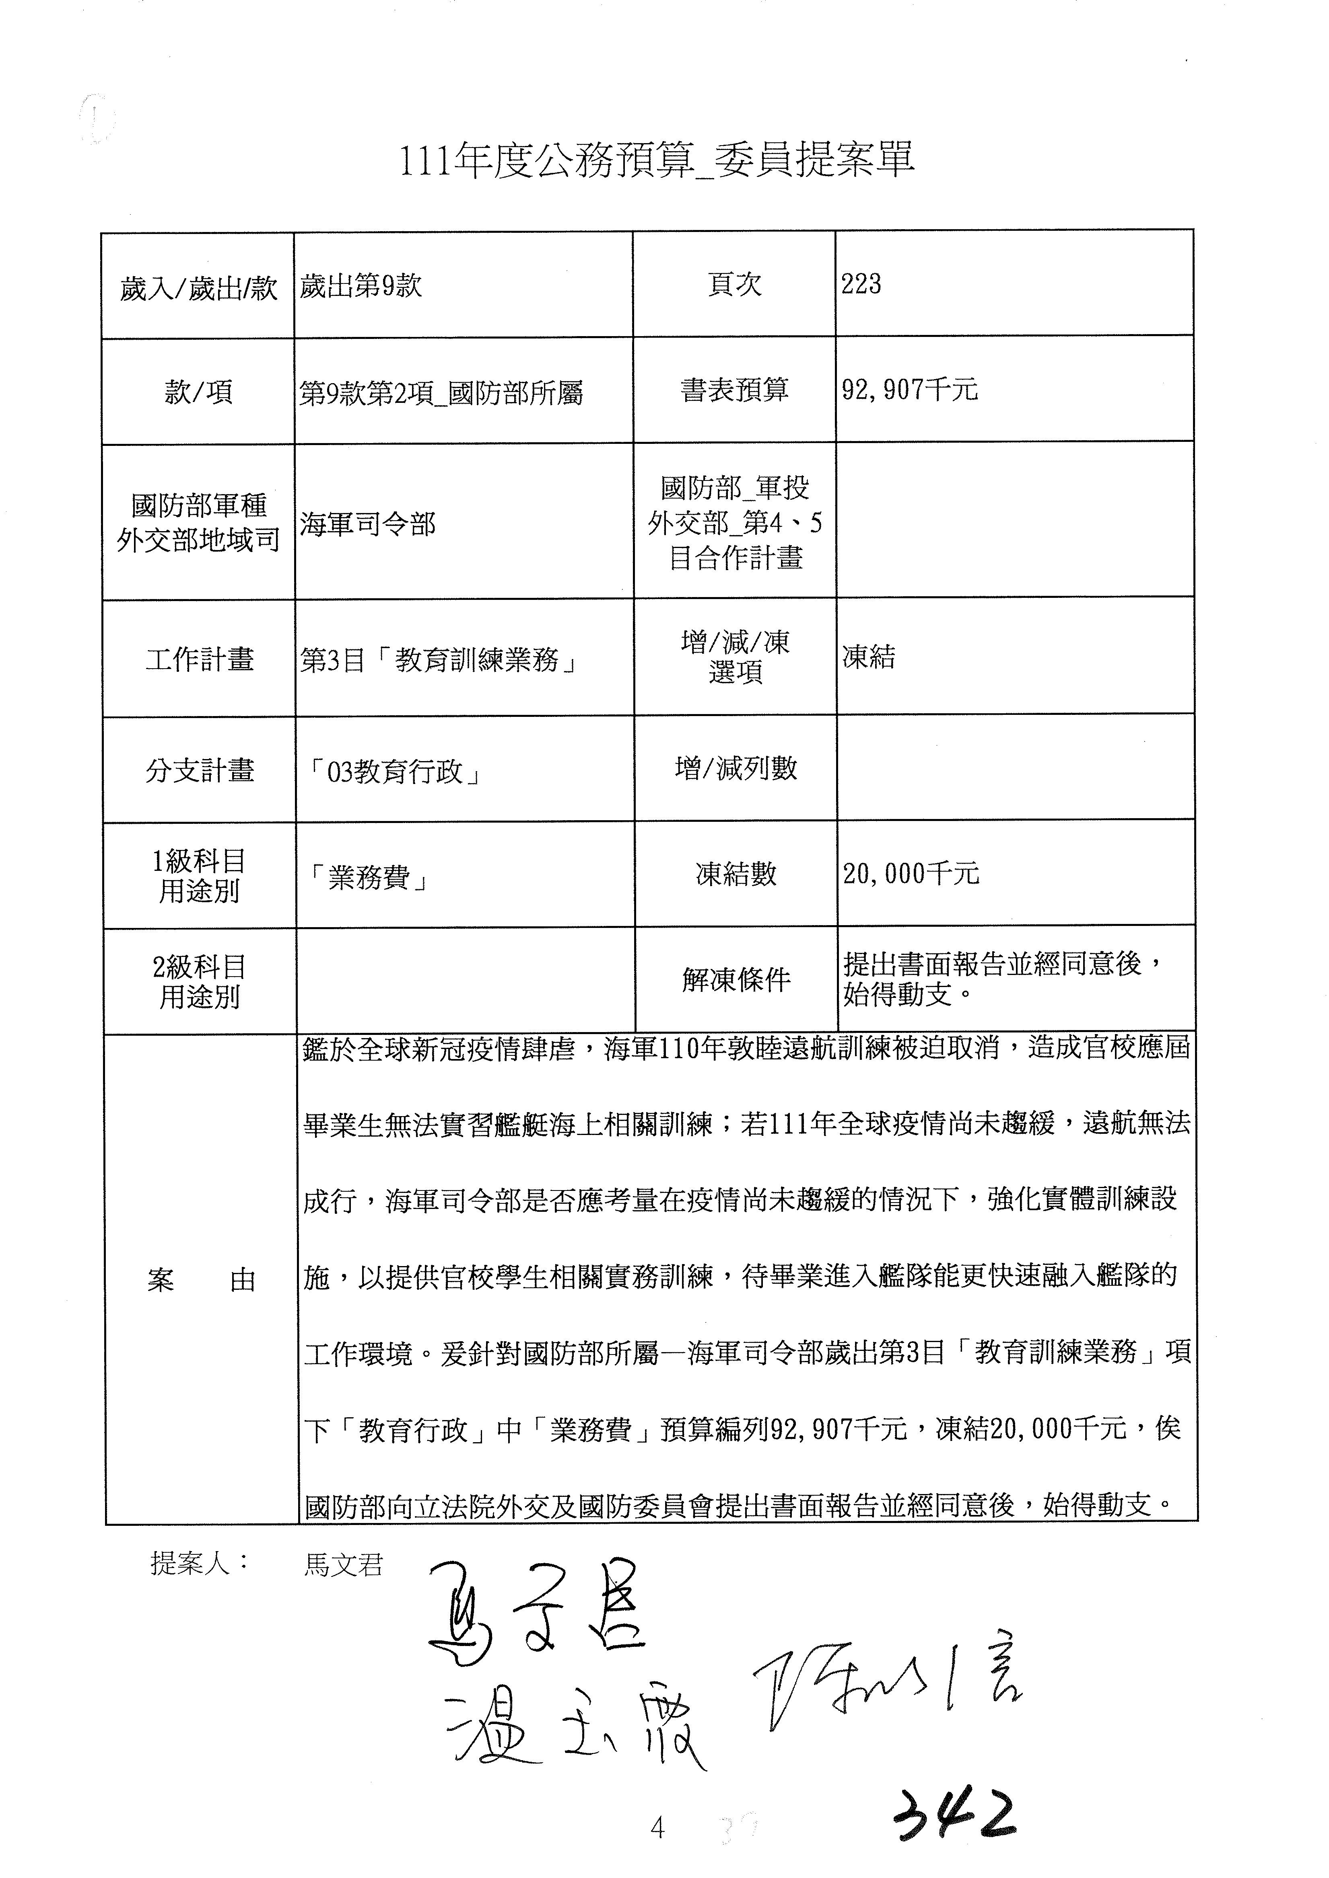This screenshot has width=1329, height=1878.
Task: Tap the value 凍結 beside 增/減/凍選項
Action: (869, 657)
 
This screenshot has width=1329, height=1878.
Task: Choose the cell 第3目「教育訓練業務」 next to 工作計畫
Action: (439, 659)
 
